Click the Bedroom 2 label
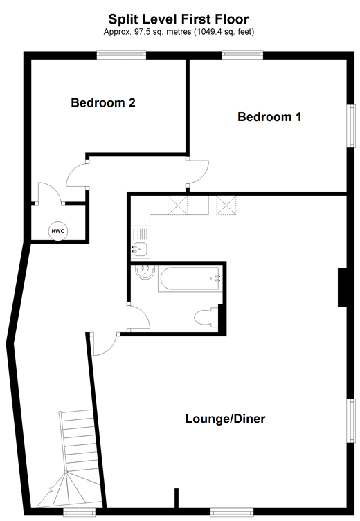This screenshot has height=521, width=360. [103, 102]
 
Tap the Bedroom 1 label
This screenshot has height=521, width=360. [269, 117]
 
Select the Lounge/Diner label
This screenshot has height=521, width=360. [225, 419]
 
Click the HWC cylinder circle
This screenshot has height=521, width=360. [58, 231]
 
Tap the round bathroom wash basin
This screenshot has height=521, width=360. [145, 272]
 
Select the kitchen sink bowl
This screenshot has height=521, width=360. [140, 248]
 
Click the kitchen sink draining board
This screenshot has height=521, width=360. [141, 235]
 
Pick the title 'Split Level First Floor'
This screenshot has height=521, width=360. [179, 19]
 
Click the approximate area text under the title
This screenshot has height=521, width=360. [179, 32]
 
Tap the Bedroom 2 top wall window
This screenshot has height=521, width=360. [121, 55]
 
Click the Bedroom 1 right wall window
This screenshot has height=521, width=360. [351, 126]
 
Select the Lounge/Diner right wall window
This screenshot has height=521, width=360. [351, 421]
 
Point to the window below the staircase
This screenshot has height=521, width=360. [79, 512]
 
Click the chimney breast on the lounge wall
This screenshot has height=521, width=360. [343, 287]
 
